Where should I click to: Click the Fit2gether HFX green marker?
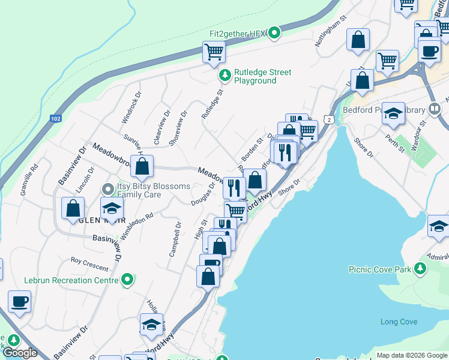[275, 32]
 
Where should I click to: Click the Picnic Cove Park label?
[380, 269]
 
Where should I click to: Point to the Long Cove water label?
[399, 322]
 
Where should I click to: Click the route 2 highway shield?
[330, 120]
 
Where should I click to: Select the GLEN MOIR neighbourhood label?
[93, 220]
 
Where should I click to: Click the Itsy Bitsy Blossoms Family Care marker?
[108, 190]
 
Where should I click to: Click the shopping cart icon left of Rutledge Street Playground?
[214, 52]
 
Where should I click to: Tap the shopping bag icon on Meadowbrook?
[142, 167]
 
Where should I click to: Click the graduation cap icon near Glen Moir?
[112, 208]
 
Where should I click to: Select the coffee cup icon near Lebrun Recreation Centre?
[19, 302]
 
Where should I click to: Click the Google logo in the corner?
[20, 353]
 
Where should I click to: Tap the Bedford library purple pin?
[435, 110]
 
